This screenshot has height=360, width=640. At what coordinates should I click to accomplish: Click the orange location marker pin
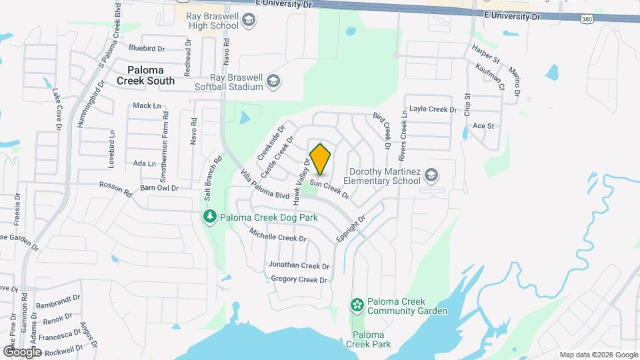point(321,159)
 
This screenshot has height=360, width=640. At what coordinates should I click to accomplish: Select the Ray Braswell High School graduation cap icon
point(249,21)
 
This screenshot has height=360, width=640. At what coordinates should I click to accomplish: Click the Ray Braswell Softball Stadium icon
point(273,82)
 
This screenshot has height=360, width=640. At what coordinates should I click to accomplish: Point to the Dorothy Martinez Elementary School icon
point(431,175)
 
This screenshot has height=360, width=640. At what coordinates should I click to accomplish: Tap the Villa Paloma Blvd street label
point(265,186)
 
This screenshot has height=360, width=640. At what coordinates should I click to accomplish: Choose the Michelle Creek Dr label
point(277,234)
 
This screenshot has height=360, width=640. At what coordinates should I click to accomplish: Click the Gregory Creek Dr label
point(299,279)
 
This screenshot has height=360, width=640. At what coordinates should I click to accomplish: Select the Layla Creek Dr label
point(433,109)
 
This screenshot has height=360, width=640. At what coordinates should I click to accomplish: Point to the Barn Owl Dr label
point(160,188)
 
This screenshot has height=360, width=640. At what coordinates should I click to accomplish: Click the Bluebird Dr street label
point(146,48)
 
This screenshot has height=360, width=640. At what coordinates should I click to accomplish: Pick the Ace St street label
point(483,125)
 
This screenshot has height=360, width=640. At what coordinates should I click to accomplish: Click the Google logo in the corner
point(22,351)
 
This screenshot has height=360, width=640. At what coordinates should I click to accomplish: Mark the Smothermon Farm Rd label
point(165,135)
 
